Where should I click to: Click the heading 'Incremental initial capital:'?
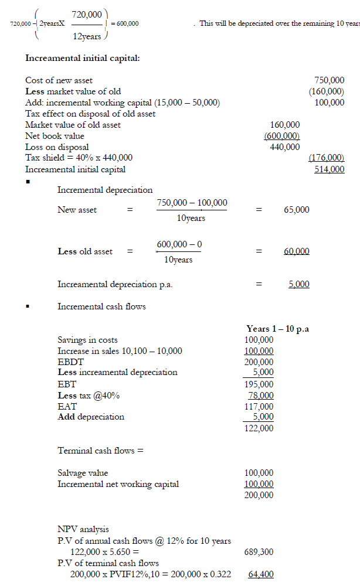(83, 59)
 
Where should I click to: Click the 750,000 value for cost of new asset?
(330, 80)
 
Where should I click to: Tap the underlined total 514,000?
(330, 169)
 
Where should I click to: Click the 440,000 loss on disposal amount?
(285, 147)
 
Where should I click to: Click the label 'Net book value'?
(55, 136)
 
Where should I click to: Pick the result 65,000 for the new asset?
(296, 210)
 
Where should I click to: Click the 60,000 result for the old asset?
(296, 251)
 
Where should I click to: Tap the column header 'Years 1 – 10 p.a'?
(278, 329)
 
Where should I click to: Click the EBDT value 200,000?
(259, 362)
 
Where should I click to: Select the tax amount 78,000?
(260, 396)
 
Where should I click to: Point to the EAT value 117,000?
(259, 406)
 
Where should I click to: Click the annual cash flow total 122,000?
(259, 428)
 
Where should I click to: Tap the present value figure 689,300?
(259, 552)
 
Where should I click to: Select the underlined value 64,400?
(260, 574)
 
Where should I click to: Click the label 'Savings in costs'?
(87, 340)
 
